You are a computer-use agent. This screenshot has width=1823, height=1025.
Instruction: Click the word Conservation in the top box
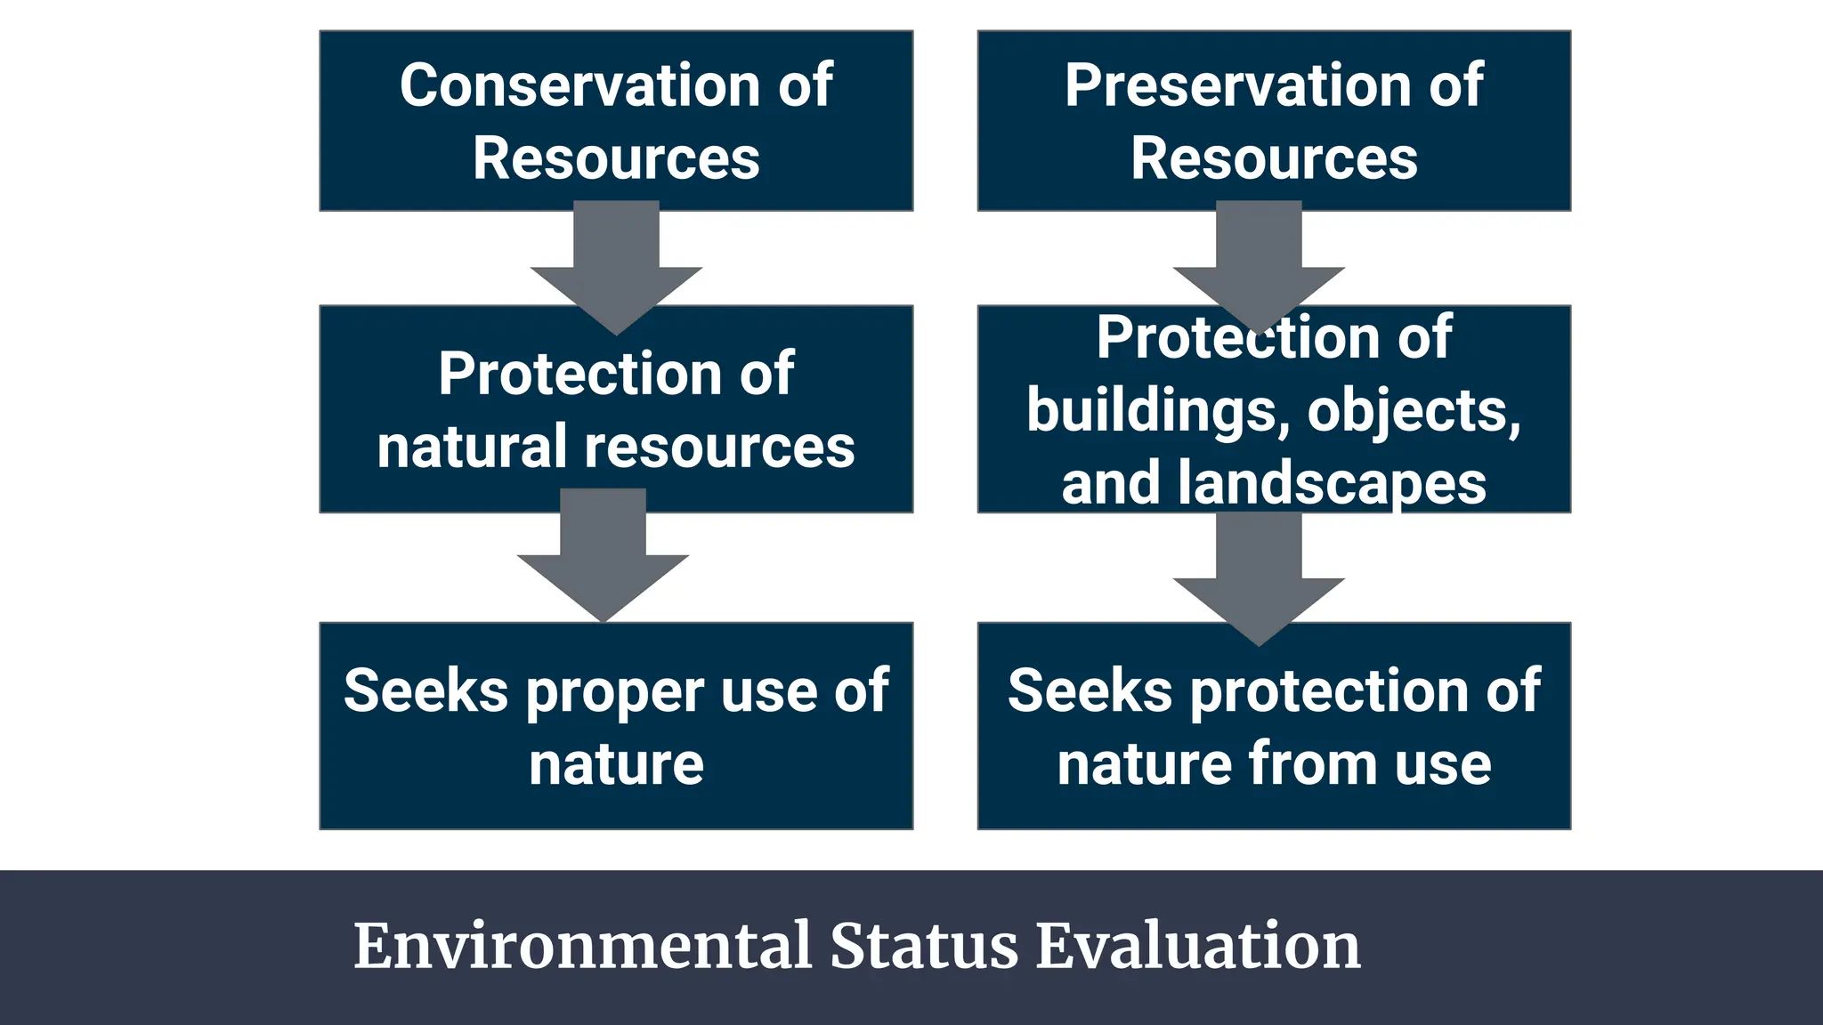tap(579, 86)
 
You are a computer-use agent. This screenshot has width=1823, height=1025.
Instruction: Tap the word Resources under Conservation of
tap(616, 159)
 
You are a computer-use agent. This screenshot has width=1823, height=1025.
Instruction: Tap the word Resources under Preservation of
tap(1274, 159)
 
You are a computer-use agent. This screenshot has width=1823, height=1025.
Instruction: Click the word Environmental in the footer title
tap(582, 946)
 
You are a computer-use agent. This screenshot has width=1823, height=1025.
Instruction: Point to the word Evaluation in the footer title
tap(1198, 946)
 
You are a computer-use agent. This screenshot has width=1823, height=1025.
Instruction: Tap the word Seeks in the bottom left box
tap(425, 691)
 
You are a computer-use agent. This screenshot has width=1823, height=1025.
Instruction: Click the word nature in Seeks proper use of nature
tap(616, 764)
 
